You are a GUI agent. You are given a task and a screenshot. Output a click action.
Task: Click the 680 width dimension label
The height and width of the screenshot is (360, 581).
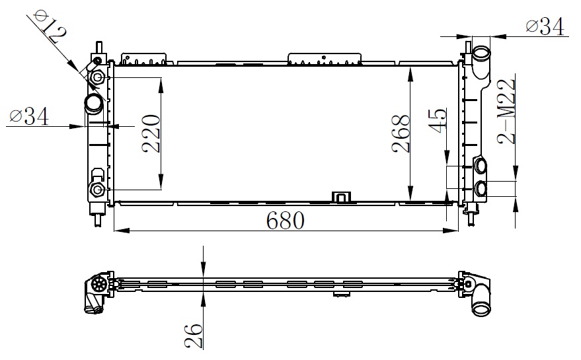tap(286, 221)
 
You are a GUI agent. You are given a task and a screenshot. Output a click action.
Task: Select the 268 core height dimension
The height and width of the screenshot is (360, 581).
tap(401, 133)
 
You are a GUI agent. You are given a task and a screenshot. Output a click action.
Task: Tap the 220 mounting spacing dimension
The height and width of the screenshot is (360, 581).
tap(151, 133)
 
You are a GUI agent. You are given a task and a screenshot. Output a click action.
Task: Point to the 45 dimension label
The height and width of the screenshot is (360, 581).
tap(438, 120)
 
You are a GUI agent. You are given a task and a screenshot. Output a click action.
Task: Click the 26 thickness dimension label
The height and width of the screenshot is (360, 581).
tap(194, 336)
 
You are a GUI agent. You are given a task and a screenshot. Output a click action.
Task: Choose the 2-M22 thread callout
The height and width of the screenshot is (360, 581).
tap(506, 111)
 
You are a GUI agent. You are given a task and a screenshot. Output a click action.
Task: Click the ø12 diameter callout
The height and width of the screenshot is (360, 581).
tap(50, 26)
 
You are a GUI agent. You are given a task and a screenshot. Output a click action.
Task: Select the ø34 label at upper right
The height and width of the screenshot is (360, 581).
tap(545, 26)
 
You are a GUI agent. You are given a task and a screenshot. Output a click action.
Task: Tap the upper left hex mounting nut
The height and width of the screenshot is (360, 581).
tap(98, 77)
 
